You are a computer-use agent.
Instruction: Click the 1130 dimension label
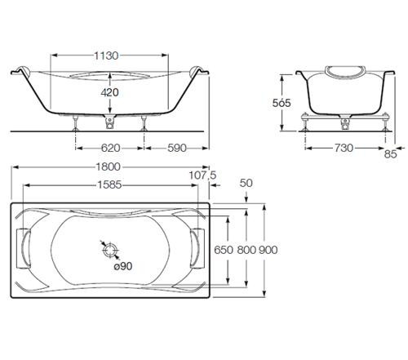tap(107, 56)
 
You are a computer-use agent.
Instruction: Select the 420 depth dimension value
tap(109, 93)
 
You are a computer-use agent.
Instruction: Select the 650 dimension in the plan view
tap(224, 249)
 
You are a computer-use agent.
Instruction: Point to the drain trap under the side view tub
tap(110, 123)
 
